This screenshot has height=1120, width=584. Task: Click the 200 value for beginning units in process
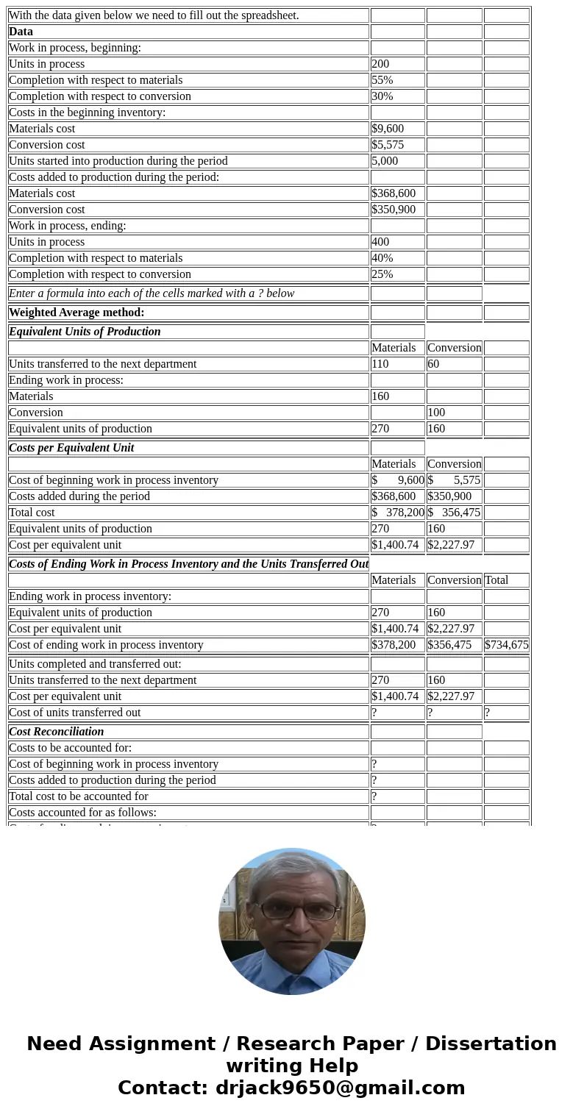[381, 64]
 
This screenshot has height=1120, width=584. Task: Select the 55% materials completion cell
[382, 80]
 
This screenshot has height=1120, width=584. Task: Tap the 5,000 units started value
[385, 161]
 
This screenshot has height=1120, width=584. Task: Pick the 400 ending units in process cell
[381, 242]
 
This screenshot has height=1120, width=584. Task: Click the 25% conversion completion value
[382, 274]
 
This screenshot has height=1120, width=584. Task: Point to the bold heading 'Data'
[21, 32]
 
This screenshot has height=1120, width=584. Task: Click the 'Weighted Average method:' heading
[76, 313]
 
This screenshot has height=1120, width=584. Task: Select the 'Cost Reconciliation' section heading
[57, 732]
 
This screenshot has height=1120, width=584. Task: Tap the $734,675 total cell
[506, 645]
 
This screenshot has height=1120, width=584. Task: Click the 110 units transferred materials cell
[380, 364]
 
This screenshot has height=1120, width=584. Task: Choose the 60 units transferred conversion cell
[433, 364]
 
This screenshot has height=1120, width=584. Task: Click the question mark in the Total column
[487, 713]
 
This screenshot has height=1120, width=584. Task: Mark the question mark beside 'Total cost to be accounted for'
[374, 796]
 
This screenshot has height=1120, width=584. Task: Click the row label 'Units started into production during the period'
[118, 161]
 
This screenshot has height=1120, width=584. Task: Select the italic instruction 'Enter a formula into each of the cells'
[152, 293]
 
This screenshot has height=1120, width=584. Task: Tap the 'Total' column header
[496, 580]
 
